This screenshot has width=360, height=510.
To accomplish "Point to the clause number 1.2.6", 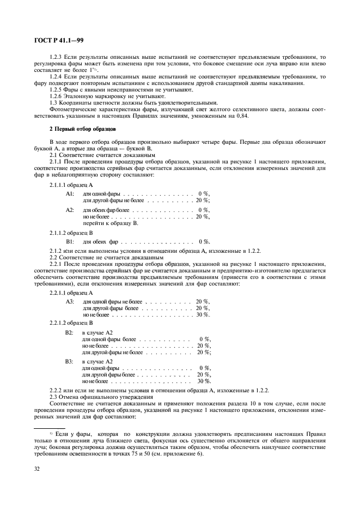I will (57, 96).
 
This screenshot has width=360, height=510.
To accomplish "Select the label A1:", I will (70, 193).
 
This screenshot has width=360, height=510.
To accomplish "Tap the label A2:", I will (70, 210).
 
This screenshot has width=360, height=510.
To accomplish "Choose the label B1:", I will (70, 241).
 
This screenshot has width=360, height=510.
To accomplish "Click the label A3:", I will (70, 301).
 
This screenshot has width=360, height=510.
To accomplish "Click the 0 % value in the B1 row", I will (204, 241).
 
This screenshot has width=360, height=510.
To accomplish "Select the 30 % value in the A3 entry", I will (203, 314).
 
